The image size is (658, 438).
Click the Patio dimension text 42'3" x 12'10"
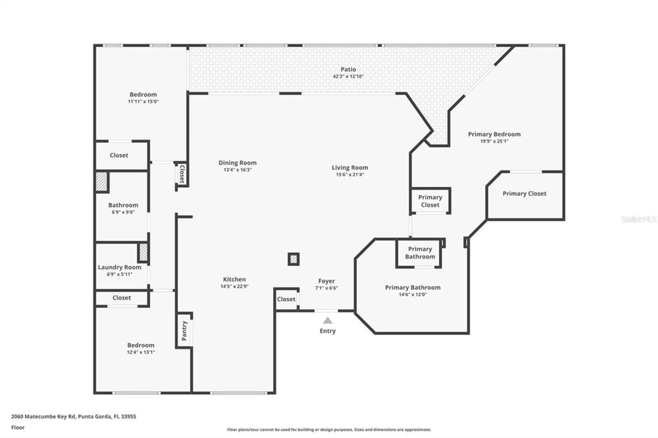click(x=348, y=76)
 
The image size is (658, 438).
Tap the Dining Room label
click(x=238, y=163)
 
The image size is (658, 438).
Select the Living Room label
click(x=350, y=168)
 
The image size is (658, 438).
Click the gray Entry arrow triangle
click(x=327, y=320)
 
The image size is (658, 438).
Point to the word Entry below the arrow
click(x=327, y=331)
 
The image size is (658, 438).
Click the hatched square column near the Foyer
click(x=293, y=259)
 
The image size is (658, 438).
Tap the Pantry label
click(x=184, y=330)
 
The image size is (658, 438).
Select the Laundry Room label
click(x=119, y=267)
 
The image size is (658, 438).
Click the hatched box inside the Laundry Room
click(x=143, y=252)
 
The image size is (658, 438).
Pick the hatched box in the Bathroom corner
click(x=102, y=182)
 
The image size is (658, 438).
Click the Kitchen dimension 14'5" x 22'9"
click(x=234, y=286)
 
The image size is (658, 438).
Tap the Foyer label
click(x=326, y=281)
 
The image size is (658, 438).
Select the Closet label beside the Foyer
click(x=286, y=299)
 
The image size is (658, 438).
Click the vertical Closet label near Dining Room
click(x=182, y=174)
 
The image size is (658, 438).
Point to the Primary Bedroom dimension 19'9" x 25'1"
click(x=494, y=141)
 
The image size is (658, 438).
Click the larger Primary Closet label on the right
click(x=524, y=194)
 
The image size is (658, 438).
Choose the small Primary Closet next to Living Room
click(x=430, y=201)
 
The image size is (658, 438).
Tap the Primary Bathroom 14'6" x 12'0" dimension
click(x=413, y=295)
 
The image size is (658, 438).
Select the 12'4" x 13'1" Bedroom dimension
click(x=141, y=352)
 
